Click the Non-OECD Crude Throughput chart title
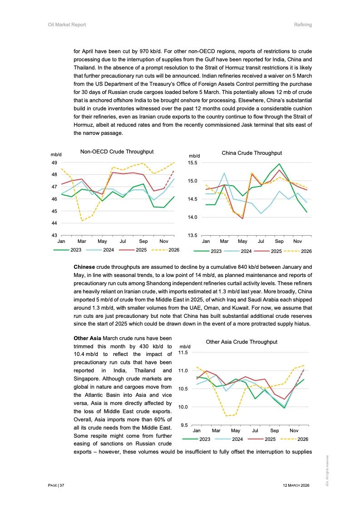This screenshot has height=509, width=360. (117, 152)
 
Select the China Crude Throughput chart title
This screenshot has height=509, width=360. (252, 153)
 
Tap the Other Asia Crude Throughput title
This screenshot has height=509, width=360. (242, 342)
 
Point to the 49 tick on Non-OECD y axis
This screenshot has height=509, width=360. (54, 163)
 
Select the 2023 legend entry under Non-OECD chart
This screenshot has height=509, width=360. (75, 250)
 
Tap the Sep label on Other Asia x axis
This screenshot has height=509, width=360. (275, 430)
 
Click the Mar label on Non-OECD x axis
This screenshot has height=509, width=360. (82, 241)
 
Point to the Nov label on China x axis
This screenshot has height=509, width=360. (297, 242)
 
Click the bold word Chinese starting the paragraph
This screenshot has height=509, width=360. (84, 267)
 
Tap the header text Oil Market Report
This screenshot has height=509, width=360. (67, 25)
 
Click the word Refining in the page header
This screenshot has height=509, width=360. (303, 25)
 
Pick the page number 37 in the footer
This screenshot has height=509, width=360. (62, 485)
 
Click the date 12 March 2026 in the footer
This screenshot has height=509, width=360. (296, 485)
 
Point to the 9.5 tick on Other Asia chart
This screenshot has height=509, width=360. (185, 425)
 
